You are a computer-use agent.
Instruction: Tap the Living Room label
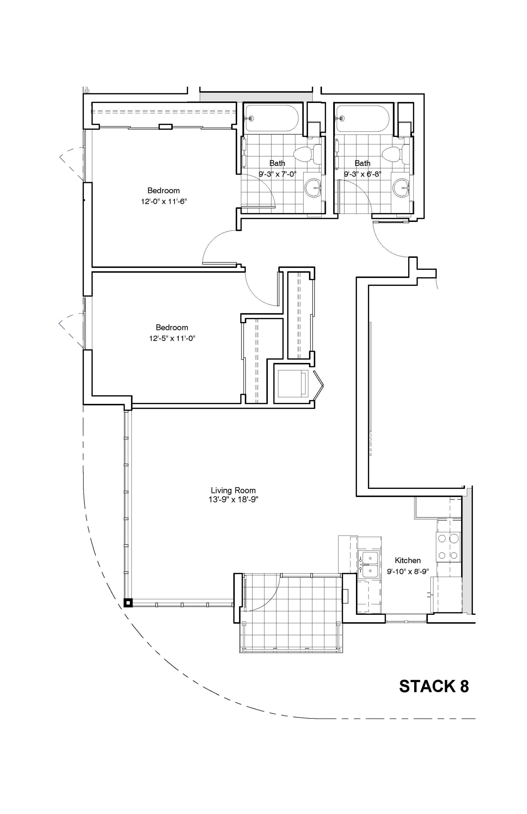233,491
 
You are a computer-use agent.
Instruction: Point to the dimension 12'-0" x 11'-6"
164,201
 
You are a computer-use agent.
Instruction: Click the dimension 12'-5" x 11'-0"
172,338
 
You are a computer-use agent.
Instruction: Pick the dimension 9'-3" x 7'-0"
277,174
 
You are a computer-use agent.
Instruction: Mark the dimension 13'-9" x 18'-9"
233,500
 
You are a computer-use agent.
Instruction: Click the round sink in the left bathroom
313,188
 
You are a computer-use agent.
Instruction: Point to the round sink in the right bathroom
401,188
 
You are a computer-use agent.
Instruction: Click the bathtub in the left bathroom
272,118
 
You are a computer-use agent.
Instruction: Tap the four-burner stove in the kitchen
448,547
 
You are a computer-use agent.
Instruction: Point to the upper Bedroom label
164,190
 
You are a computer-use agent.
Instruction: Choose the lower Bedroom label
172,327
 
